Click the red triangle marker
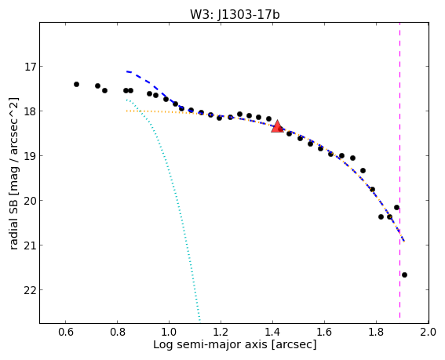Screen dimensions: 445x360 (277, 126)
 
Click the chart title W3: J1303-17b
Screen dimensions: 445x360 (235, 14)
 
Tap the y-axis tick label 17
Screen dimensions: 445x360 (28, 67)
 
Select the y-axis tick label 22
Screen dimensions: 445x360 (28, 290)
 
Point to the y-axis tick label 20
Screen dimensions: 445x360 (28, 201)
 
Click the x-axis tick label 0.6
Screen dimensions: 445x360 (66, 332)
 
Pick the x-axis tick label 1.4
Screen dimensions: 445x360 (273, 332)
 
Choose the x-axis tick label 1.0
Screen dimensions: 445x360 (170, 332)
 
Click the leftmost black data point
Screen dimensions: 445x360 (76, 84)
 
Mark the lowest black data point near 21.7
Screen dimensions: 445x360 (404, 275)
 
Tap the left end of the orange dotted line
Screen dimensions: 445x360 (126, 111)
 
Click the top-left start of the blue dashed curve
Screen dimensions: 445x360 (127, 71)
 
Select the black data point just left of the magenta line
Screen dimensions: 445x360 (397, 207)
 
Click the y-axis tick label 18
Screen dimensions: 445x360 (28, 111)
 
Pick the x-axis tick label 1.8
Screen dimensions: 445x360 (376, 332)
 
